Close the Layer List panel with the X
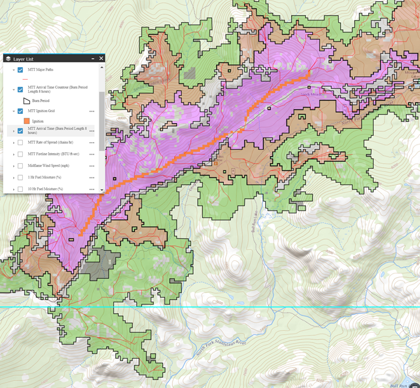[x=101, y=59]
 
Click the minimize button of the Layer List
[x=92, y=59]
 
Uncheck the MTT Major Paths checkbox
[x=20, y=70]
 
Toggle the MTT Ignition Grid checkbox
[x=20, y=111]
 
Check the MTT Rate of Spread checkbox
[x=20, y=143]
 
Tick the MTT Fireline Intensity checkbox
[x=20, y=154]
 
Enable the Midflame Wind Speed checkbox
[x=20, y=166]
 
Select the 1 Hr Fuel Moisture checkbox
[x=20, y=178]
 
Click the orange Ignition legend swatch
[x=26, y=121]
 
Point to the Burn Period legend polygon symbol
[x=26, y=101]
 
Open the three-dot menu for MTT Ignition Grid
[x=92, y=111]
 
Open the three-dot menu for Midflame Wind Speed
[x=92, y=166]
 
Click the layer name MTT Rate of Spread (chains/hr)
[x=50, y=143]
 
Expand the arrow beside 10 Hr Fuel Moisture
[x=13, y=190]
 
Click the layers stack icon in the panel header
[x=8, y=59]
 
